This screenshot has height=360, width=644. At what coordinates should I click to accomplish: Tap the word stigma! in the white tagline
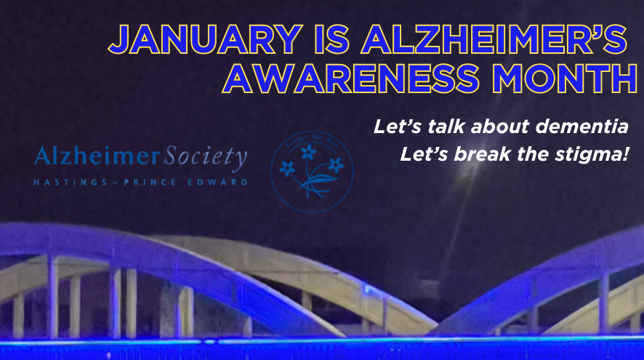click(592, 154)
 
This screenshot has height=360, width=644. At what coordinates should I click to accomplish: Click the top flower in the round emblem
click(310, 151)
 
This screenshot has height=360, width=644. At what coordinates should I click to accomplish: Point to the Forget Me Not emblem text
click(310, 137)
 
